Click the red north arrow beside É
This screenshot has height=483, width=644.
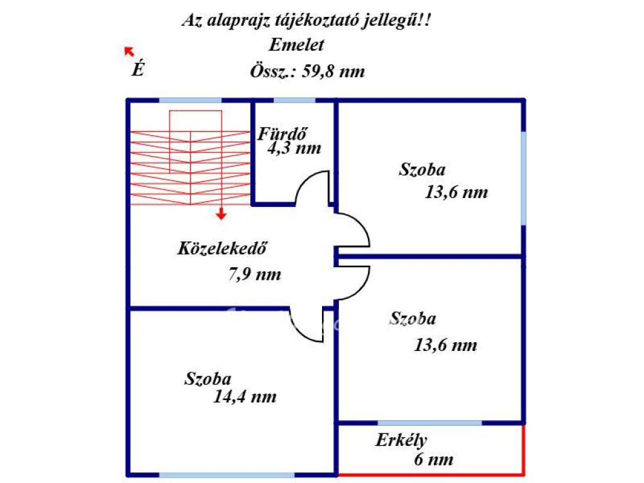[x=130, y=52]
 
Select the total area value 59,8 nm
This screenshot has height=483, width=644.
[x=333, y=71]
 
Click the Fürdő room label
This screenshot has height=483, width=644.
[x=282, y=133]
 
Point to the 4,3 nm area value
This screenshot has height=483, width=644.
[x=294, y=149]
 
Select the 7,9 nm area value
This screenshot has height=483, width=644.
[x=253, y=274]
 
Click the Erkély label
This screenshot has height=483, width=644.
[x=401, y=440]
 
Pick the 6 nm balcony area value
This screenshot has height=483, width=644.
[x=433, y=460]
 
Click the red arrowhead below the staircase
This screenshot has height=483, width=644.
[x=221, y=216]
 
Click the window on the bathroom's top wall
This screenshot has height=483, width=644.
[x=294, y=101]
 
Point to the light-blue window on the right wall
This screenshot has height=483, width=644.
[x=523, y=177]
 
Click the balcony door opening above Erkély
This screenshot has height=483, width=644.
[x=430, y=423]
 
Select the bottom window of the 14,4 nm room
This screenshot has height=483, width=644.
[x=226, y=475]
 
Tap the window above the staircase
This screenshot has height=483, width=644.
[x=190, y=101]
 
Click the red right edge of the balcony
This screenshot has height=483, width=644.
[x=523, y=449]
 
